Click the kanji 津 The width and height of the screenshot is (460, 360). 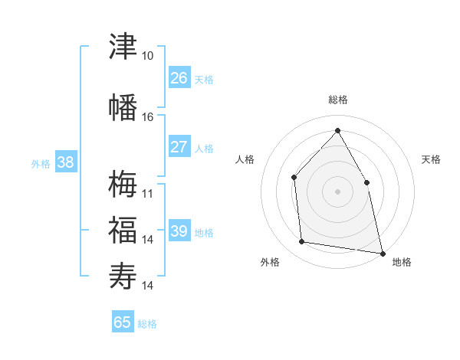click(x=123, y=46)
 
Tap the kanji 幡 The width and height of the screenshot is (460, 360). click(x=123, y=107)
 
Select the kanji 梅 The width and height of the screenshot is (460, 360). click(x=123, y=184)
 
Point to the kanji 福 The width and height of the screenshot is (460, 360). click(x=123, y=230)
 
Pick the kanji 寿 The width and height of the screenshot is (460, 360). click(x=123, y=276)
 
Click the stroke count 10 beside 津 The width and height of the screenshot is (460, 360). click(x=147, y=56)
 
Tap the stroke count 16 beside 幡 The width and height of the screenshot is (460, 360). click(x=147, y=117)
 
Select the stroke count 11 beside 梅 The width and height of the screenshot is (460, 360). click(x=147, y=194)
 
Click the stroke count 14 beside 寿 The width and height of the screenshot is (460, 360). click(x=147, y=286)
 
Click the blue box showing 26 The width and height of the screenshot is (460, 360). click(x=179, y=77)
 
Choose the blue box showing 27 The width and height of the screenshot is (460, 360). click(x=179, y=146)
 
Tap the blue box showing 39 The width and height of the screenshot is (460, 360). click(x=179, y=230)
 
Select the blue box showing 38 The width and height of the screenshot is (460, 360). click(x=66, y=162)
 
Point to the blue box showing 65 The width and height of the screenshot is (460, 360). click(x=123, y=321)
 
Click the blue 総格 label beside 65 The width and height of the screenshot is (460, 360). click(x=147, y=324)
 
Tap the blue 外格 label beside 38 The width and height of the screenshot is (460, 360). click(x=41, y=164)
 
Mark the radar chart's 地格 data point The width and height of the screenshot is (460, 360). click(x=383, y=254)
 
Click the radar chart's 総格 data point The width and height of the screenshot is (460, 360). click(x=337, y=130)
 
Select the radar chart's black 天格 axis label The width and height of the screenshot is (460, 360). click(x=431, y=159)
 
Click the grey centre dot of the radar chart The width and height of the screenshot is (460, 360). click(x=337, y=191)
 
